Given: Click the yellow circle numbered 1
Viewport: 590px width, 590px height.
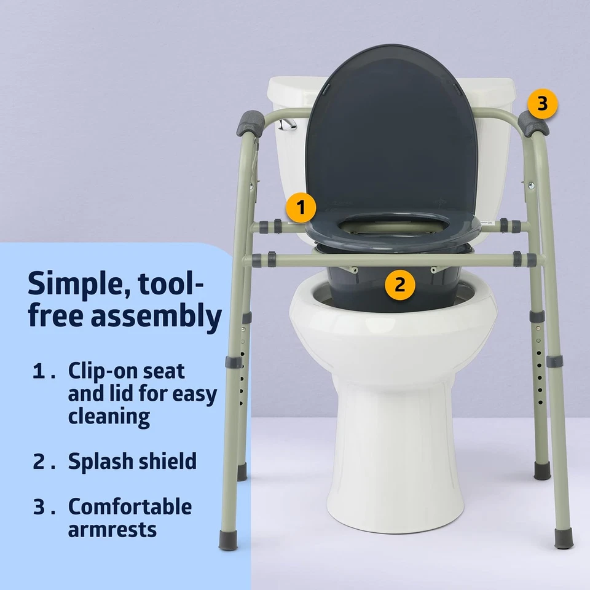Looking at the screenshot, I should click(x=301, y=208).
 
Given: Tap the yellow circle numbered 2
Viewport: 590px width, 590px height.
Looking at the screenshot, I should click(x=400, y=285).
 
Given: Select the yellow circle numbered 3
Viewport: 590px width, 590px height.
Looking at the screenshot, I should click(x=542, y=104).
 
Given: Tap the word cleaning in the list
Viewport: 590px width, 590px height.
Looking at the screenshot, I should click(x=109, y=417).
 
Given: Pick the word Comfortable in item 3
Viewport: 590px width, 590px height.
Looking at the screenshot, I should click(x=130, y=507).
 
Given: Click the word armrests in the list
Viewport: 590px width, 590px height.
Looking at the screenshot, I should click(x=112, y=530).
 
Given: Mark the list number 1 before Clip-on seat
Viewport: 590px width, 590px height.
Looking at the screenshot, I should click(x=39, y=372).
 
